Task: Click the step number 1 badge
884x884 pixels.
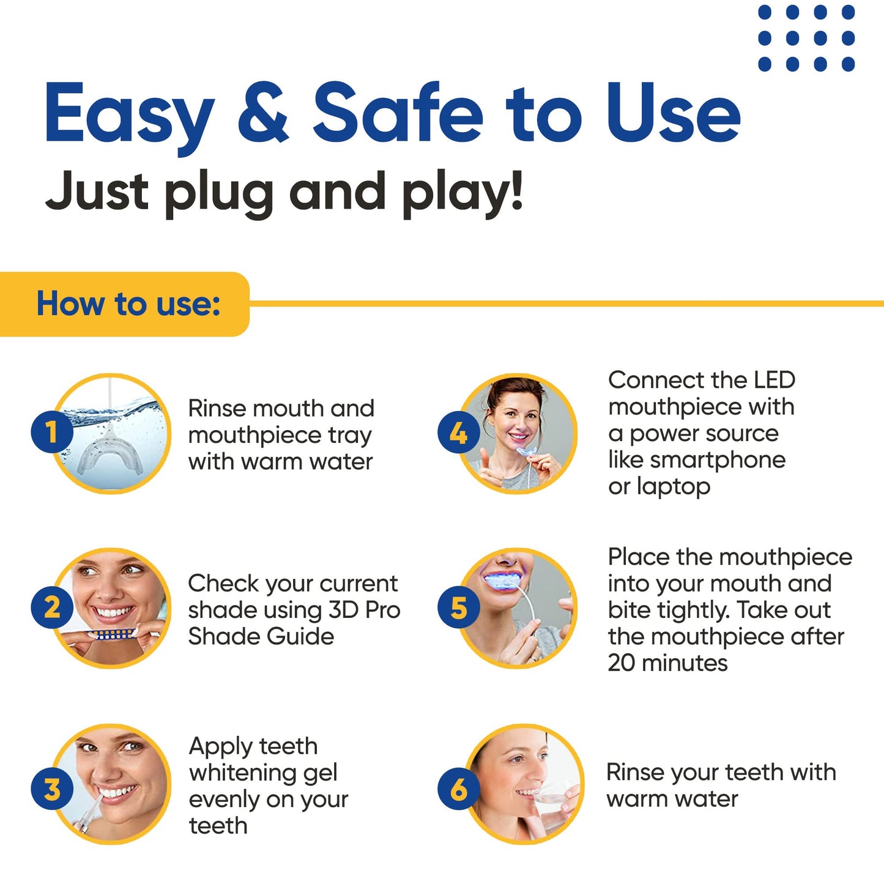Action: tap(52, 432)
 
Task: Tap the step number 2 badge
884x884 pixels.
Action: tap(52, 607)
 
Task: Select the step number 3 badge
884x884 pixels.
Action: tap(52, 789)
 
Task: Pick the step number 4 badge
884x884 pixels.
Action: tap(458, 432)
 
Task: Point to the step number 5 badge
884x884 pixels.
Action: tap(458, 607)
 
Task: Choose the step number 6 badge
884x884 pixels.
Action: tap(458, 789)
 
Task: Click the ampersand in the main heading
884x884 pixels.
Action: tap(263, 113)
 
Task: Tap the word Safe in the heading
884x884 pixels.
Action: tap(398, 112)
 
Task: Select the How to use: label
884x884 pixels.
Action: tap(128, 303)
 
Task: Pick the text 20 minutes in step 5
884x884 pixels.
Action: tap(668, 663)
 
